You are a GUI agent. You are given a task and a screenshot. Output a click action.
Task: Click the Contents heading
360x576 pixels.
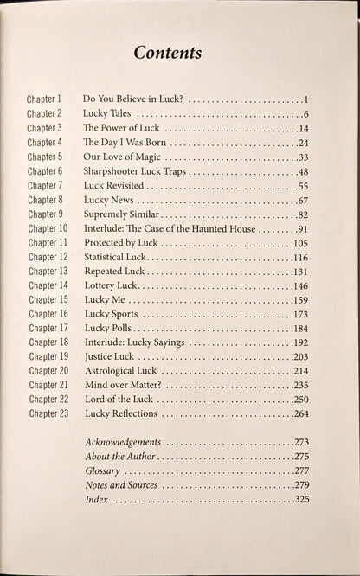168,53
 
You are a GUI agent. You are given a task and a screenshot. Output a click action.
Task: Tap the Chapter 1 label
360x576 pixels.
44,99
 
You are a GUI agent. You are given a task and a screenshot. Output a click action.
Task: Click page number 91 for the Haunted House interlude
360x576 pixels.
302,229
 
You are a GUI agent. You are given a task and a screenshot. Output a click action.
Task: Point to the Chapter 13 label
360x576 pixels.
47,271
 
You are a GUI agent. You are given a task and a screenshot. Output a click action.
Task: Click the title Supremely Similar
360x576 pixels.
121,214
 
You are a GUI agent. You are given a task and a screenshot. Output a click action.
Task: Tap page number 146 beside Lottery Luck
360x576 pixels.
300,285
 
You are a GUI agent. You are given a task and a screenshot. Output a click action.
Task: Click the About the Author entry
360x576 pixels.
120,456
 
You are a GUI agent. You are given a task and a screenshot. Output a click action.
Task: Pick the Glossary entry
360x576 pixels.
102,470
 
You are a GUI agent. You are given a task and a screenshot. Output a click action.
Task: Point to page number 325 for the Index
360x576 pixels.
300,499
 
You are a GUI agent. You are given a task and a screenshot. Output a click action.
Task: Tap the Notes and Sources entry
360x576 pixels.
121,484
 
